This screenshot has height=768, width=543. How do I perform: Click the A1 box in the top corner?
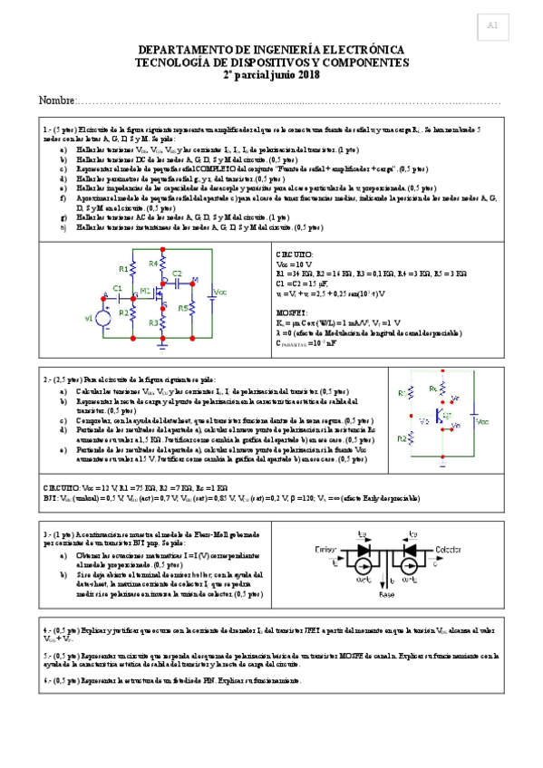(492, 26)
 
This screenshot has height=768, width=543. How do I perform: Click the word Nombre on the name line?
(56, 99)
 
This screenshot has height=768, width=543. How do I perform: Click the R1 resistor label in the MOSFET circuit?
(124, 269)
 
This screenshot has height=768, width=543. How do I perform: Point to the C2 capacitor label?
(177, 273)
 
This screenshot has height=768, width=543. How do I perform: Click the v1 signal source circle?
(102, 318)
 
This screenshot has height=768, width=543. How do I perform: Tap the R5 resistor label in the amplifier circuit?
(182, 307)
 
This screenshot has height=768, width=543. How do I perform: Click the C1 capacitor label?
(116, 288)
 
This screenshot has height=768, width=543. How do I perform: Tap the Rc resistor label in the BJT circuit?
(444, 389)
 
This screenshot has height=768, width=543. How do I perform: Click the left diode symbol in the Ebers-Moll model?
(364, 549)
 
